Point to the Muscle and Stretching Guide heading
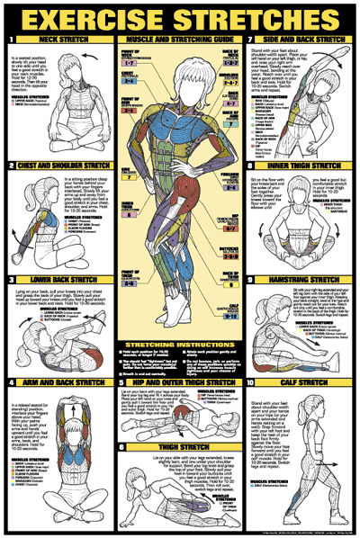coord(180,40)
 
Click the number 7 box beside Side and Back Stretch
coord(249,40)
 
